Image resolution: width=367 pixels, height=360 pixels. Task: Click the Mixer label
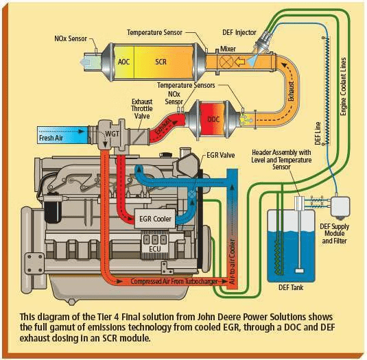(228, 49)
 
